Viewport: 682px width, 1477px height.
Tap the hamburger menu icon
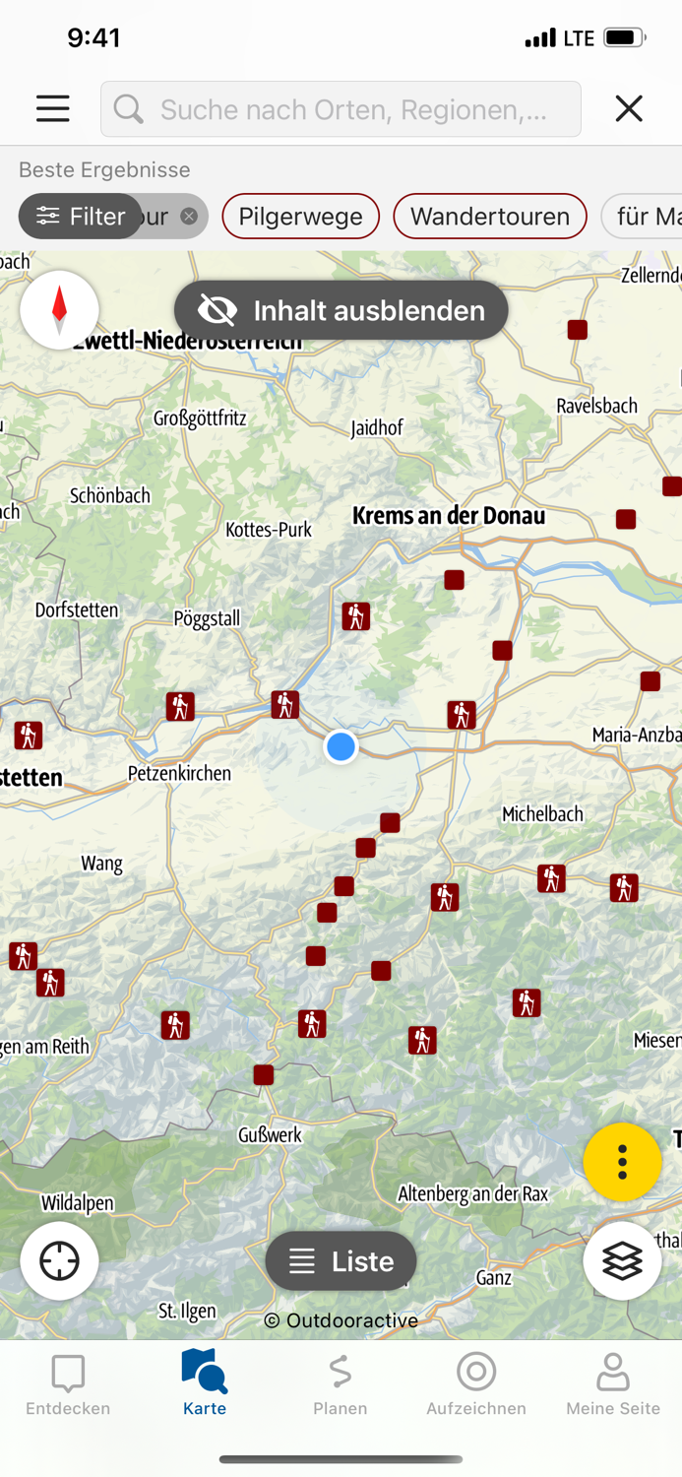coord(53,108)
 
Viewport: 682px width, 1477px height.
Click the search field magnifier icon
coord(128,108)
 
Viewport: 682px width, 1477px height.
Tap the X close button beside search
coord(629,108)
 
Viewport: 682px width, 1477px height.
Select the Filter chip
coord(81,217)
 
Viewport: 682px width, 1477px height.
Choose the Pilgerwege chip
coord(300,217)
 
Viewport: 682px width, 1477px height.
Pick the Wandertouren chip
coord(489,217)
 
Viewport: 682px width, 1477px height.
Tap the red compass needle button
coord(59,309)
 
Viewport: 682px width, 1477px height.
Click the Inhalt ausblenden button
coord(341,310)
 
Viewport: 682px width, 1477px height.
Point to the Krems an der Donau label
coord(448,516)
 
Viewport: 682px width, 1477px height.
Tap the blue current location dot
coord(341,746)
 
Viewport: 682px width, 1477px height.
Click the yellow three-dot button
coord(622,1162)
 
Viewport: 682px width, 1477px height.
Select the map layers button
coord(622,1260)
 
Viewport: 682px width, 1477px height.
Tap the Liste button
coord(341,1260)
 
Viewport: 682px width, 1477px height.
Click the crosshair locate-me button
coord(59,1260)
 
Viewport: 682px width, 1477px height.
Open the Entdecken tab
coord(68,1383)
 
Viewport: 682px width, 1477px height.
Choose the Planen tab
coord(341,1383)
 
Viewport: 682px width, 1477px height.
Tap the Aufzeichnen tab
coord(476,1383)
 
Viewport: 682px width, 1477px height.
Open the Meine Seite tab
coord(612,1383)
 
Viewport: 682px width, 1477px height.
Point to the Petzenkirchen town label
coord(179,773)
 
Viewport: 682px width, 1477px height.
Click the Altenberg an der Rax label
coord(472,1193)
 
